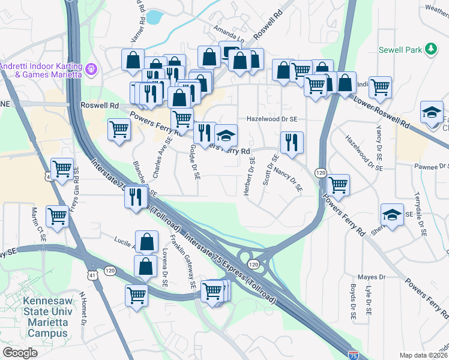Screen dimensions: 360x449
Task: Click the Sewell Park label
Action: (399, 50)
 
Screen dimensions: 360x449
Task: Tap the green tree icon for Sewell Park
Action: (430, 49)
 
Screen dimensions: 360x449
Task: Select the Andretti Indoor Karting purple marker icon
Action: (91, 68)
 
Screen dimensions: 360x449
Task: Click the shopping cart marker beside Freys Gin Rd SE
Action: (62, 170)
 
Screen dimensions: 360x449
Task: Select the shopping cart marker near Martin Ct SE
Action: (58, 215)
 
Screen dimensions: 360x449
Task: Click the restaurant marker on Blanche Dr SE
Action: (136, 196)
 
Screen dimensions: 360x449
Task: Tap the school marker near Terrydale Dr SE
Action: (392, 215)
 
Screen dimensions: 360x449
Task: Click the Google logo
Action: (20, 352)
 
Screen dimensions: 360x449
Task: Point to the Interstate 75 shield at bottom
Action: (354, 356)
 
